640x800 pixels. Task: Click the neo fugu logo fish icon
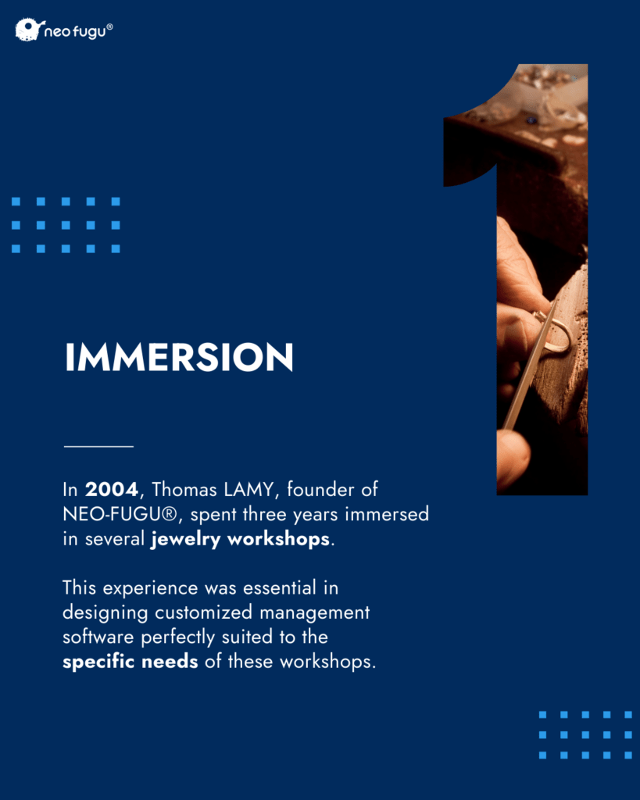pyautogui.click(x=27, y=29)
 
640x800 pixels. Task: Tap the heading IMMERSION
pyautogui.click(x=179, y=356)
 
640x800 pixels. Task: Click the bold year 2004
pyautogui.click(x=111, y=489)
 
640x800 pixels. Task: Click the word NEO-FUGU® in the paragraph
pyautogui.click(x=120, y=514)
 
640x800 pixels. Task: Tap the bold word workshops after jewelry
pyautogui.click(x=278, y=539)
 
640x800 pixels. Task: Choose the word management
pyautogui.click(x=314, y=612)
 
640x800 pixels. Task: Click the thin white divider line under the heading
pyautogui.click(x=98, y=446)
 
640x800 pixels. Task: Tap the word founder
pyautogui.click(x=320, y=489)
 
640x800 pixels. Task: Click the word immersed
pyautogui.click(x=387, y=514)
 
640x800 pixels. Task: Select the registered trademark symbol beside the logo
pyautogui.click(x=109, y=26)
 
